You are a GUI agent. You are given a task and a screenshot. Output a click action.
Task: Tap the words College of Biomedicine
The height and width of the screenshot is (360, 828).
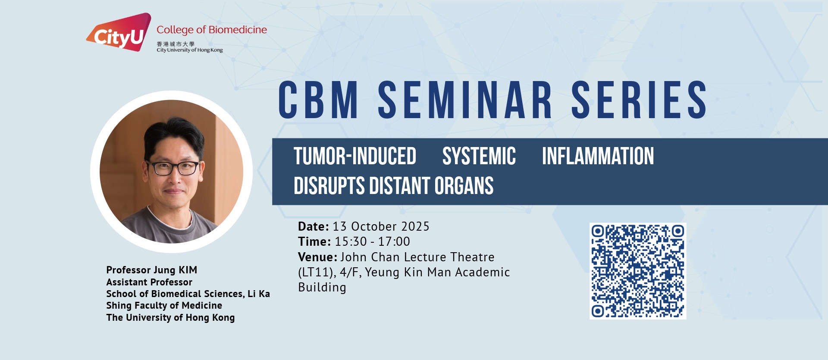pyautogui.click(x=212, y=30)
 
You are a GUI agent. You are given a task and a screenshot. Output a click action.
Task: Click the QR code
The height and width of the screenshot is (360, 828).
pyautogui.click(x=638, y=271)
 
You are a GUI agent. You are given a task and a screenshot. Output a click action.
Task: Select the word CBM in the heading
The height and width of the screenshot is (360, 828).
pyautogui.click(x=318, y=100)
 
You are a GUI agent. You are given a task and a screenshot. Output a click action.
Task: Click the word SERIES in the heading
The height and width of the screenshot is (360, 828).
pyautogui.click(x=639, y=100)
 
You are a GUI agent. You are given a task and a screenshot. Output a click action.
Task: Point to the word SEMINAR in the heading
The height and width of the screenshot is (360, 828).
pyautogui.click(x=465, y=100)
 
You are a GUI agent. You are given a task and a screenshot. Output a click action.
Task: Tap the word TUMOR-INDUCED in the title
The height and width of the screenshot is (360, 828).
pyautogui.click(x=355, y=156)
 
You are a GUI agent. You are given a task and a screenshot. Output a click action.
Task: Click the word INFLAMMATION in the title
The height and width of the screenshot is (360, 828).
pyautogui.click(x=598, y=156)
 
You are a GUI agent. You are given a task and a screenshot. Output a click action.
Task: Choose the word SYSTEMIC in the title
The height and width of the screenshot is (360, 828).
pyautogui.click(x=479, y=156)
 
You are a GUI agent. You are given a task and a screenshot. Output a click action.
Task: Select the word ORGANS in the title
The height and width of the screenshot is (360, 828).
pyautogui.click(x=464, y=186)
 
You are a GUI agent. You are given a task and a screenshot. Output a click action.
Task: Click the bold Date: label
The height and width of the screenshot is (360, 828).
pyautogui.click(x=314, y=226)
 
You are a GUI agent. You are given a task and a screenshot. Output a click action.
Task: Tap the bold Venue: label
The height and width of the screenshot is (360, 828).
pyautogui.click(x=318, y=257)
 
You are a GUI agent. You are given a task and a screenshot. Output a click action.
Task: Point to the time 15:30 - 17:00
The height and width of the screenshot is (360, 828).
pyautogui.click(x=373, y=241)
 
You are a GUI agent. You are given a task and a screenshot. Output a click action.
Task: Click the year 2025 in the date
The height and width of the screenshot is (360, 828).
pyautogui.click(x=415, y=226)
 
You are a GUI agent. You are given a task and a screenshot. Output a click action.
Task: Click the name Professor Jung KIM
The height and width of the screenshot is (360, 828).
pyautogui.click(x=152, y=270)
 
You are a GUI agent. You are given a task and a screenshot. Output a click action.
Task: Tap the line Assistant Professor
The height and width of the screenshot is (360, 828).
pyautogui.click(x=149, y=282)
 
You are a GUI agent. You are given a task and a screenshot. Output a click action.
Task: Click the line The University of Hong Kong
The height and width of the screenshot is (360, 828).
pyautogui.click(x=170, y=318)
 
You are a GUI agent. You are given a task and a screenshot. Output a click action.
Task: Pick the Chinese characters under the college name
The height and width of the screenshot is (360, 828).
pyautogui.click(x=176, y=44)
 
